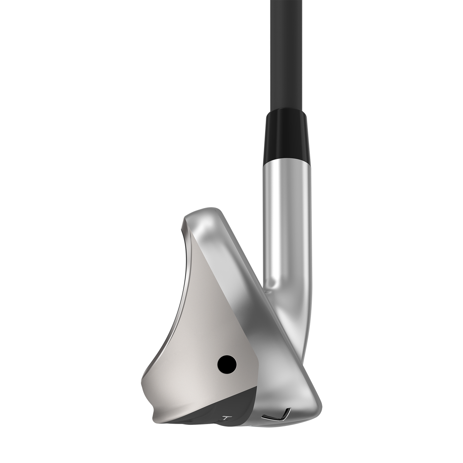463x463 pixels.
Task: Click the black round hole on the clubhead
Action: coord(227,363)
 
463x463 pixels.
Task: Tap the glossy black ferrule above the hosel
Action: coord(286,131)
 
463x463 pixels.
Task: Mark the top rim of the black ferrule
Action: coord(286,110)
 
